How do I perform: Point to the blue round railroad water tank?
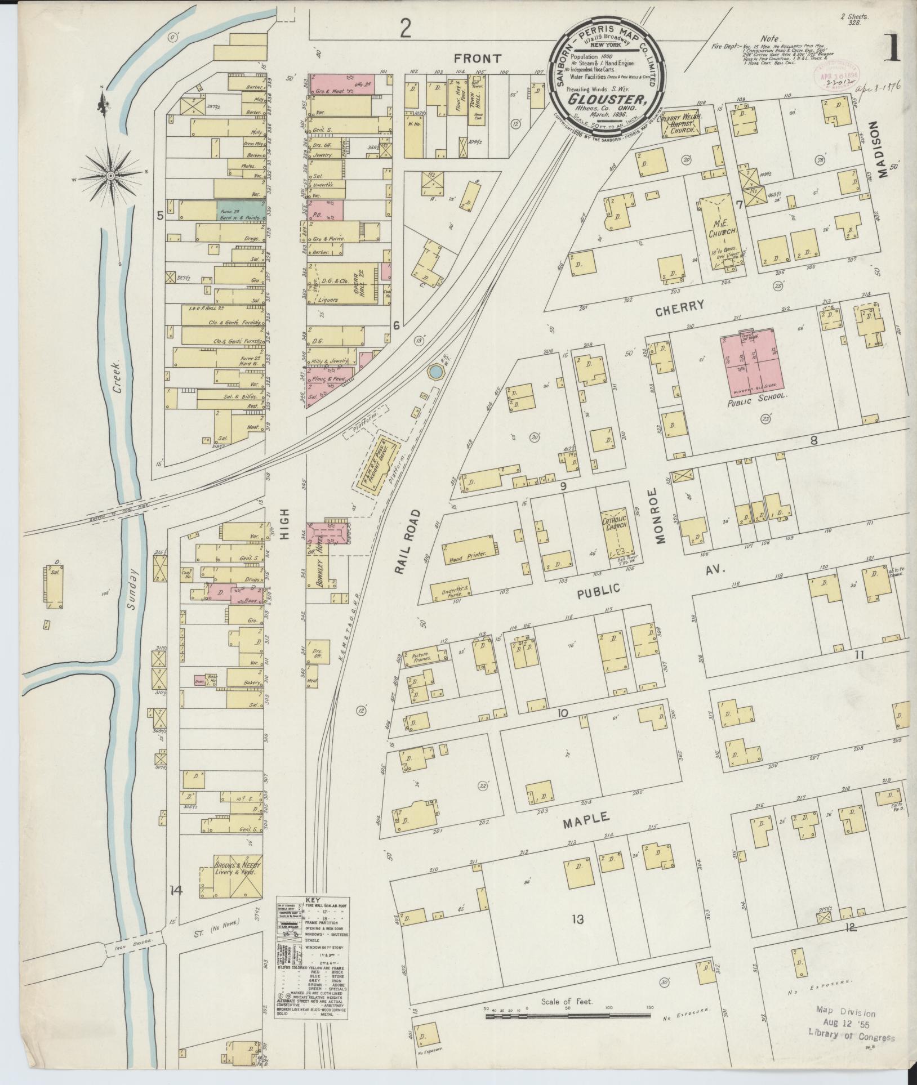point(435,371)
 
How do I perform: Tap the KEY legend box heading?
point(311,916)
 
